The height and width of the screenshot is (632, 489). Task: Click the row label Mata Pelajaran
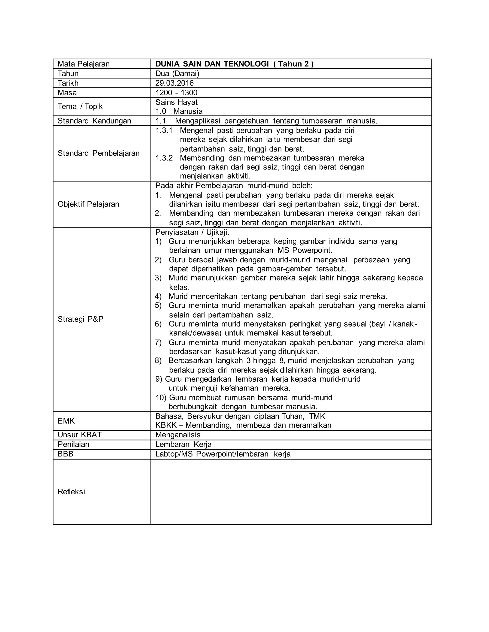[83, 64]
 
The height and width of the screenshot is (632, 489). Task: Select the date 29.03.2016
[174, 83]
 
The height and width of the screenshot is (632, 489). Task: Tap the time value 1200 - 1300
[176, 93]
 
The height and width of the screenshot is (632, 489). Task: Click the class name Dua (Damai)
[177, 73]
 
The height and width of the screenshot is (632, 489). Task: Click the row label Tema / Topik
[80, 107]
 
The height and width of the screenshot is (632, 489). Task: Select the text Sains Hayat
[176, 102]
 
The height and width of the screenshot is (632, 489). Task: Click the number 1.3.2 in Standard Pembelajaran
[164, 158]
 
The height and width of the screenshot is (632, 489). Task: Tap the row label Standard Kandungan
[94, 121]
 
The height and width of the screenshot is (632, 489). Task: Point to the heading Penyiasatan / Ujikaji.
[192, 232]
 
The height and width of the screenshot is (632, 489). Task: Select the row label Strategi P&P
[80, 319]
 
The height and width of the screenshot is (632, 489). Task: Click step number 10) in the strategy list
[161, 398]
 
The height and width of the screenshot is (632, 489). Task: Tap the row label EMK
[66, 421]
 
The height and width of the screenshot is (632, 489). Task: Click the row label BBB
[65, 454]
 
